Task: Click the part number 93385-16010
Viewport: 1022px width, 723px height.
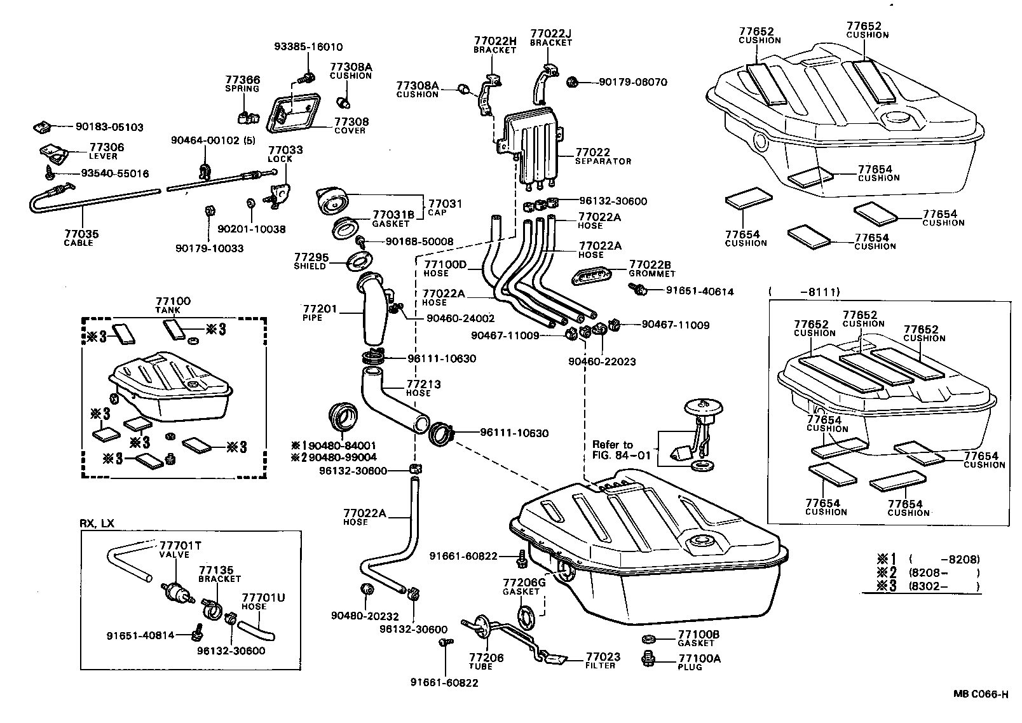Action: pyautogui.click(x=308, y=47)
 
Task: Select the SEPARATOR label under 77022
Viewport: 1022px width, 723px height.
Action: pyautogui.click(x=603, y=161)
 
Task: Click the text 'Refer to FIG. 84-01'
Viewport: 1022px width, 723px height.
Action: pyautogui.click(x=613, y=449)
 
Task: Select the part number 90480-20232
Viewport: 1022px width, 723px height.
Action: pyautogui.click(x=364, y=616)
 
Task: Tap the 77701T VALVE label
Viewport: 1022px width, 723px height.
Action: pyautogui.click(x=175, y=550)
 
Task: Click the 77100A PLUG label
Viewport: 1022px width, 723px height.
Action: pyautogui.click(x=698, y=663)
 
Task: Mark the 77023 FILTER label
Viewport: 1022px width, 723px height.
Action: pyautogui.click(x=602, y=661)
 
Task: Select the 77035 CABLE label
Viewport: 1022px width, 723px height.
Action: pyautogui.click(x=81, y=238)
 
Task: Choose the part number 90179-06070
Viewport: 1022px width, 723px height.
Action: pyautogui.click(x=634, y=82)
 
